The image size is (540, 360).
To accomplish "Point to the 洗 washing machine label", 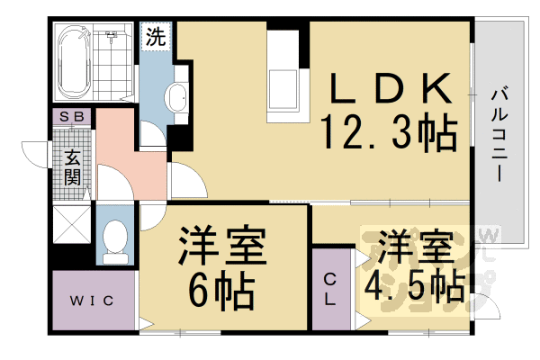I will tap(155, 39).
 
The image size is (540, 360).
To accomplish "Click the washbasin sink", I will tap(176, 96).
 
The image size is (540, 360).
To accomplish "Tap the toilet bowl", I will tap(114, 239).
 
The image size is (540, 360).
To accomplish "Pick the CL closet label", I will tap(331, 287).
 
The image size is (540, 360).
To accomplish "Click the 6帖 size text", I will tap(220, 289).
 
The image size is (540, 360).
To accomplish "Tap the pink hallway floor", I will tap(126, 148).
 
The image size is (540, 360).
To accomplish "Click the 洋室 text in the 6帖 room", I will tap(220, 246).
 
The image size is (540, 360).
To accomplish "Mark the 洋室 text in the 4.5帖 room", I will tap(414, 245).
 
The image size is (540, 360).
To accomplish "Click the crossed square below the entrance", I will tap(71, 225).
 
